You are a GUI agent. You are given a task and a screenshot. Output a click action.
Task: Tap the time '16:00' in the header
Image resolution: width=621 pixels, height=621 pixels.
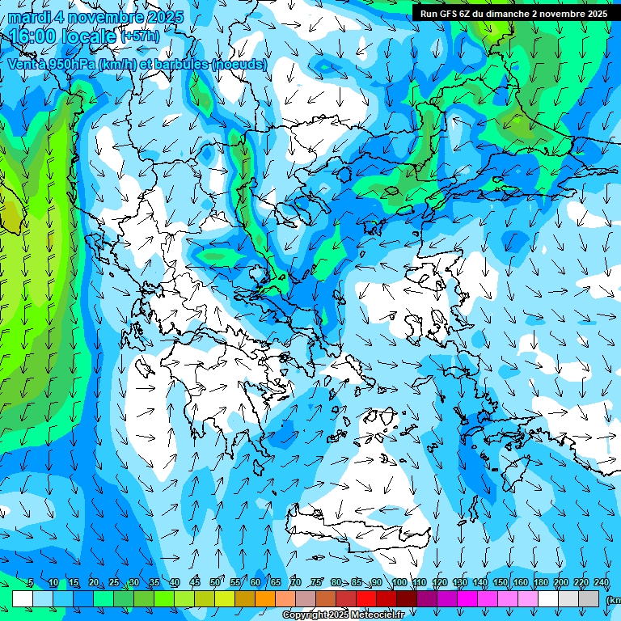click(34, 36)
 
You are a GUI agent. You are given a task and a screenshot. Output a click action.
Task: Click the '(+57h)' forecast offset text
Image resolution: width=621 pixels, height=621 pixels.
click(140, 36)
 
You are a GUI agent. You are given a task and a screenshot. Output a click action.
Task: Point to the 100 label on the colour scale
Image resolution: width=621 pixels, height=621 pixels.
click(399, 583)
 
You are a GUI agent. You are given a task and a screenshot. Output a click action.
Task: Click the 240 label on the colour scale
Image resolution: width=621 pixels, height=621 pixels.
click(602, 583)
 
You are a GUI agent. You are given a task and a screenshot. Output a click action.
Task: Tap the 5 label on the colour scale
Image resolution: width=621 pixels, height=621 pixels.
click(31, 583)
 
